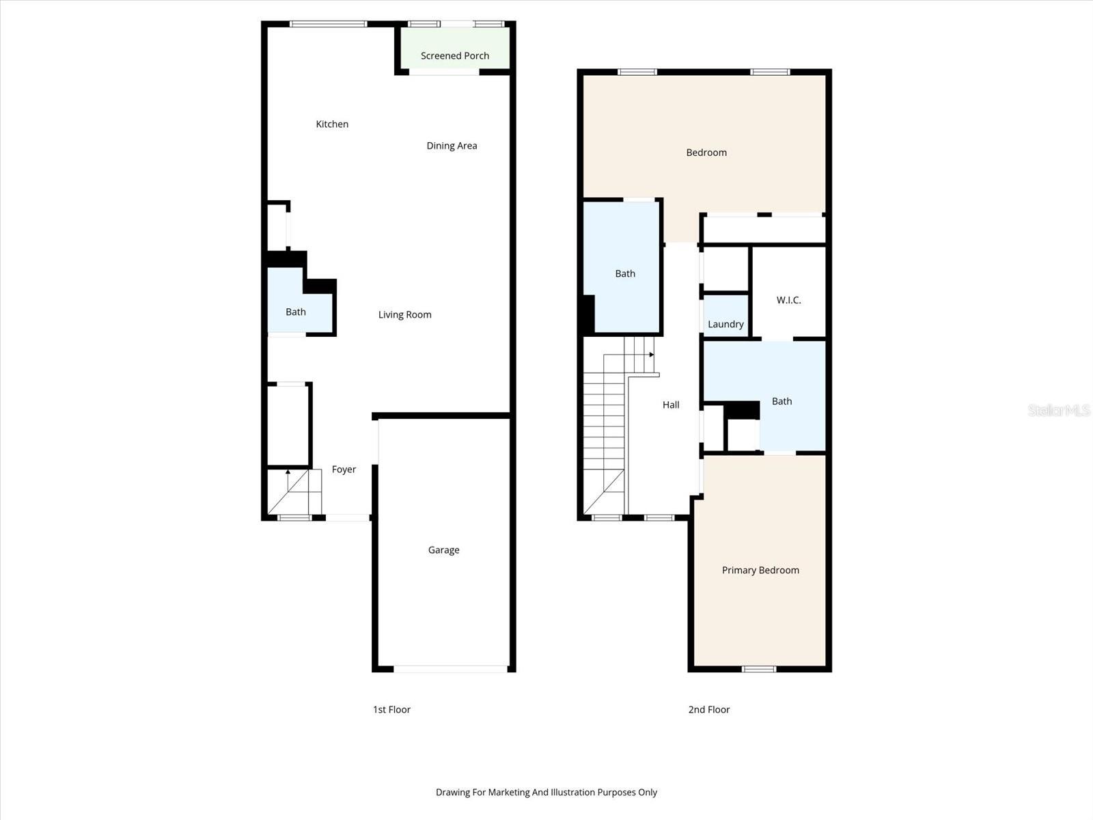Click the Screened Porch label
[455, 56]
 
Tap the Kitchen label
[332, 124]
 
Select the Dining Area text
[452, 146]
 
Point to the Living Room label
[404, 314]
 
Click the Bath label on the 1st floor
[295, 312]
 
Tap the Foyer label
[344, 469]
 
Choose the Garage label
[443, 549]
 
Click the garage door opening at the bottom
[451, 669]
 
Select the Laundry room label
[725, 324]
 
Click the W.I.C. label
[788, 300]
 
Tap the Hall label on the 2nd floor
[671, 405]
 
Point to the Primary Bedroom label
[760, 570]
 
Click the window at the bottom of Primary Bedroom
[759, 669]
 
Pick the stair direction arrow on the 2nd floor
[651, 355]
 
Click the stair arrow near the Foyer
[288, 472]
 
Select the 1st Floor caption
[391, 709]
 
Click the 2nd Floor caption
[708, 709]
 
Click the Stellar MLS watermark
[1059, 410]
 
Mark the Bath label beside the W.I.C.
[781, 401]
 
